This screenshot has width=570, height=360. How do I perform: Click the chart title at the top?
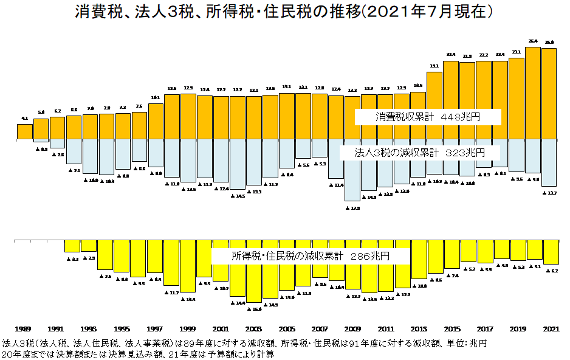point(284,12)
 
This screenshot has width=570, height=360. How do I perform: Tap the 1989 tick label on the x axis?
point(24,328)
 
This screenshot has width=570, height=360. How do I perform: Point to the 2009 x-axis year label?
point(352,328)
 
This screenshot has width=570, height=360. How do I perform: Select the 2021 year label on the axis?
point(551,328)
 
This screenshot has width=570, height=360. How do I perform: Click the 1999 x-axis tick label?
point(188,328)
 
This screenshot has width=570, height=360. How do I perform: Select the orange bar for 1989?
point(25,131)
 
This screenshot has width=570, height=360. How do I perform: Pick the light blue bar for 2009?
point(352,170)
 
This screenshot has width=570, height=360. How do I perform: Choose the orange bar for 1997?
point(156,121)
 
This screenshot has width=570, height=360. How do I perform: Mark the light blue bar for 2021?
point(549,162)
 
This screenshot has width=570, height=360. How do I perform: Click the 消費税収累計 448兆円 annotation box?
point(428,117)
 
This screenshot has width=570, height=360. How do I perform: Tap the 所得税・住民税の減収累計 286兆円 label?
point(310,257)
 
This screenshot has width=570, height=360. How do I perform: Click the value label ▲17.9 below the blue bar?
point(353,208)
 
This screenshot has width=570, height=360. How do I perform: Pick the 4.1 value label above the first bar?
point(25,118)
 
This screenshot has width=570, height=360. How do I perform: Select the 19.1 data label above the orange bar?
point(434,66)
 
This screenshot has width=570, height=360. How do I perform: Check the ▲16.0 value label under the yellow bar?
point(254,310)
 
